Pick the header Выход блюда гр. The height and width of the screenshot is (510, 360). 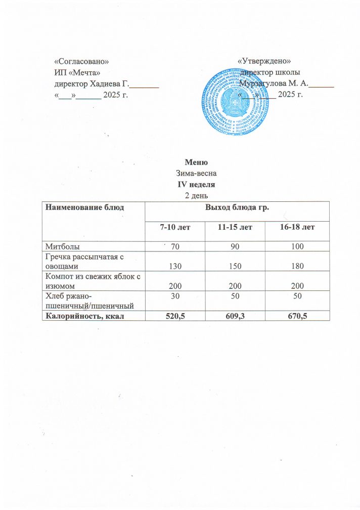(236, 207)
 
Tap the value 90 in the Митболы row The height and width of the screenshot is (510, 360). (236, 246)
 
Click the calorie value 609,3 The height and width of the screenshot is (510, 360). (236, 316)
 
